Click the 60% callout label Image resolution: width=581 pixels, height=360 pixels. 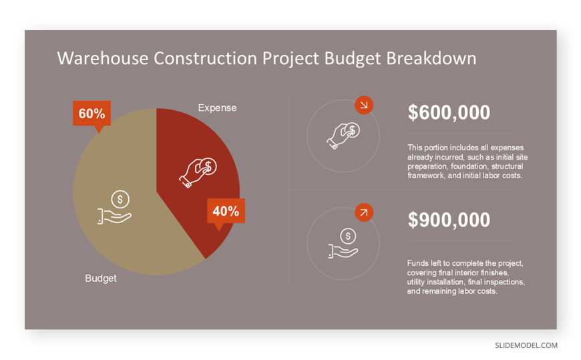[x=92, y=114]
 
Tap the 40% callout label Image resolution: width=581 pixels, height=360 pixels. [x=226, y=211]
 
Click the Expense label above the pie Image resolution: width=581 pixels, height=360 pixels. [x=217, y=108]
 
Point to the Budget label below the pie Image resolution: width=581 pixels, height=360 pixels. [x=101, y=279]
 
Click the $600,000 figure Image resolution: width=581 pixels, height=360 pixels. [x=449, y=112]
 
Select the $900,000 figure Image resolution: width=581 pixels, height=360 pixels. [x=449, y=220]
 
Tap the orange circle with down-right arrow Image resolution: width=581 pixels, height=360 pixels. [x=364, y=106]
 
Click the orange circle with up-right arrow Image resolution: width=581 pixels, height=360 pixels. [x=364, y=212]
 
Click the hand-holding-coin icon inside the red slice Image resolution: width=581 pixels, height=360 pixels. [x=198, y=172]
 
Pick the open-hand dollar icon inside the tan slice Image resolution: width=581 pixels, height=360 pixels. [x=114, y=207]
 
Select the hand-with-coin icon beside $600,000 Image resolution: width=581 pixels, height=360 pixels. [x=343, y=136]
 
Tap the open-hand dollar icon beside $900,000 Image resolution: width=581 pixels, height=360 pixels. [x=343, y=243]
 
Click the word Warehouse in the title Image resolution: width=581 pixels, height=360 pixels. [x=103, y=59]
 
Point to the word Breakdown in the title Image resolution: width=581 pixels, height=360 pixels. [x=431, y=59]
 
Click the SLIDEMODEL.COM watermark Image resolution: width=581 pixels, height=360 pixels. [x=526, y=345]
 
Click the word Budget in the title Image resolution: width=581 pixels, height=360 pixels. [x=353, y=59]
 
